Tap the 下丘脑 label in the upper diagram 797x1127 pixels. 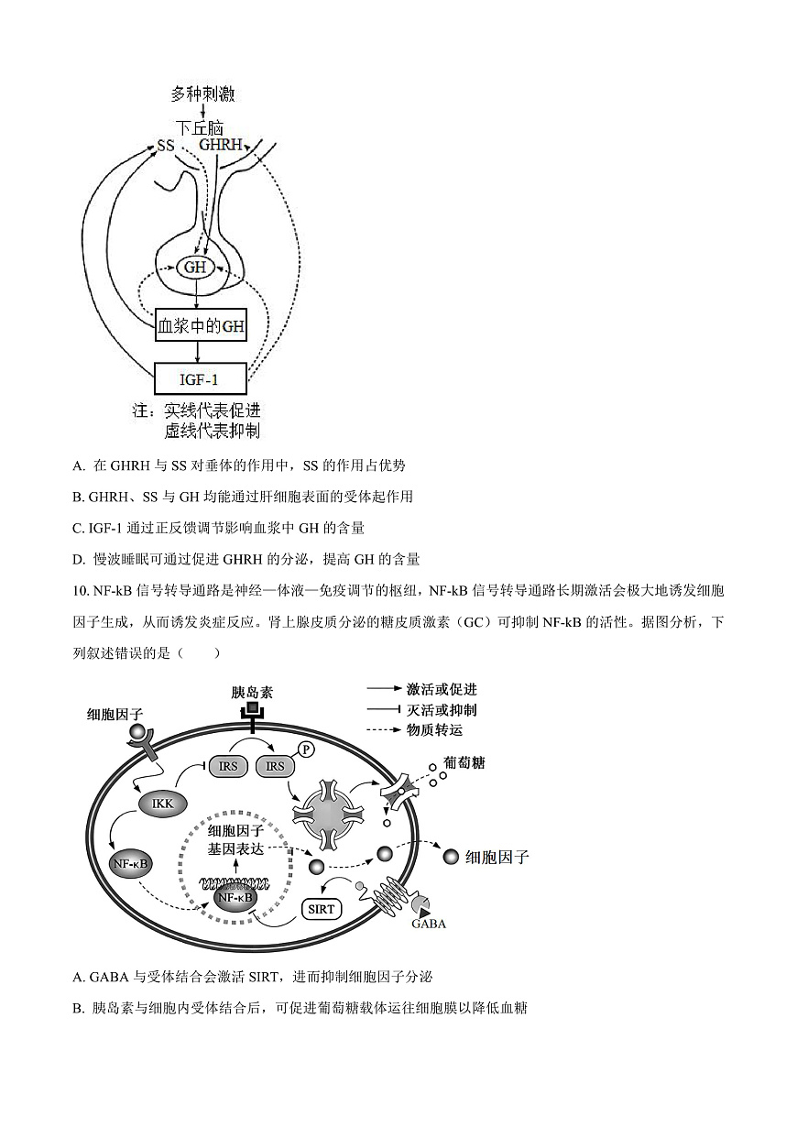pos(200,128)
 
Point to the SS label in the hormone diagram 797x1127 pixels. pos(166,146)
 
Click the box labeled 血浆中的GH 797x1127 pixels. pos(202,325)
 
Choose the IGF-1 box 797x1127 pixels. pos(201,377)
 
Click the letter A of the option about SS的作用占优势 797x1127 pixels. pos(78,465)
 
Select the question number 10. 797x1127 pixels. pos(77,592)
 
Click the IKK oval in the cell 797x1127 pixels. pos(163,804)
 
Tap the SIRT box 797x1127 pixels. pos(322,909)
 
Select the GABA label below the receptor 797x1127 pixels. pos(429,924)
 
